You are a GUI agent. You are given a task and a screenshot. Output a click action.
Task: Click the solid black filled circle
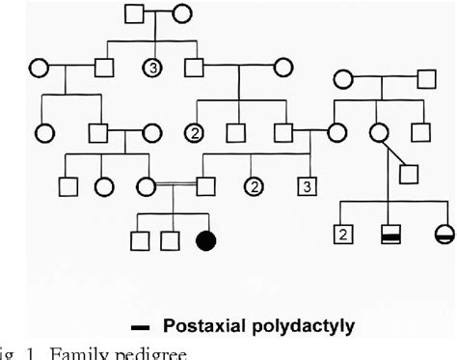(x=205, y=240)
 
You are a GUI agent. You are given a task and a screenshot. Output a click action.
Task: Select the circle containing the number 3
(x=151, y=69)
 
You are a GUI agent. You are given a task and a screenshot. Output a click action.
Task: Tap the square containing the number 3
(x=307, y=184)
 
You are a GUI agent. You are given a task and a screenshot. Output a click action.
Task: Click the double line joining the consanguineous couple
(x=174, y=184)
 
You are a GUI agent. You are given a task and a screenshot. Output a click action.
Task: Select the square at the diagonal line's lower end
(x=408, y=175)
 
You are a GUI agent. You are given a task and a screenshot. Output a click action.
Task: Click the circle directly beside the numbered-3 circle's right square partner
(x=282, y=69)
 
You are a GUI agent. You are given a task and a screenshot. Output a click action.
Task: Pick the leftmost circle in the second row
(x=39, y=69)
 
